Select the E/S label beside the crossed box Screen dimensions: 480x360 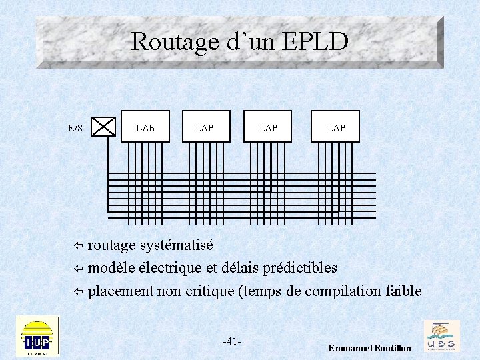click(75, 127)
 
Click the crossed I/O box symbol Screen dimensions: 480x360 click(103, 127)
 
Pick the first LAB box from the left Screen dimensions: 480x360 click(145, 127)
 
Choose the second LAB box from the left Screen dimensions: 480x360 click(206, 127)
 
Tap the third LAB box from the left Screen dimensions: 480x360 click(268, 127)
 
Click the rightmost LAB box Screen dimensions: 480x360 click(335, 127)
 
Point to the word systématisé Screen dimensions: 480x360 click(176, 245)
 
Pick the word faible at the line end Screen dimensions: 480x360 click(403, 291)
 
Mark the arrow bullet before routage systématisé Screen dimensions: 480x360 click(77, 246)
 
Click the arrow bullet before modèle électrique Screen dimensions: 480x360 click(77, 269)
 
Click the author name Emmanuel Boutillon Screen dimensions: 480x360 click(370, 349)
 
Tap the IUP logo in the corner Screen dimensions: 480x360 click(37, 337)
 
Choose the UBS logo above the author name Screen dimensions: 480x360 click(441, 335)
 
